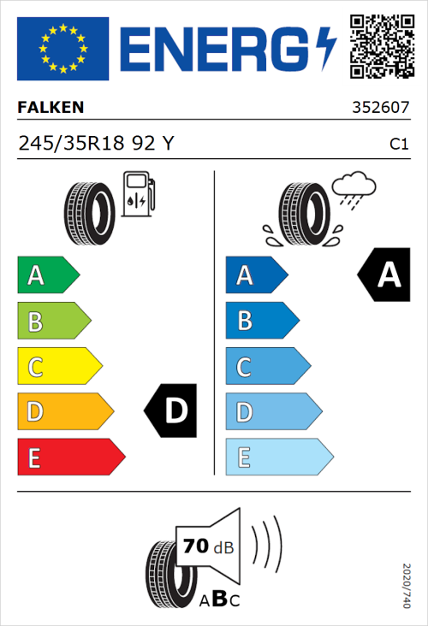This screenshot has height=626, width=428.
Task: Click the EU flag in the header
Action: [62, 48]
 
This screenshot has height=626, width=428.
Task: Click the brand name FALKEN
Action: [51, 108]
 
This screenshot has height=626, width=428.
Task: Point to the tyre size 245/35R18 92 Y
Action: [96, 144]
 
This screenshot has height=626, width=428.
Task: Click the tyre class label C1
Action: [398, 145]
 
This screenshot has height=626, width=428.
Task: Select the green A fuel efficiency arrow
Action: [47, 275]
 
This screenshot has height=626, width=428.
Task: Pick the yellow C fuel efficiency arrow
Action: [58, 367]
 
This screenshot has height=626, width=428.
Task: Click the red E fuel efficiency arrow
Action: [70, 458]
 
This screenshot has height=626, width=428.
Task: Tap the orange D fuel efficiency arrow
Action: [64, 412]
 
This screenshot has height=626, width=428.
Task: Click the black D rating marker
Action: [173, 411]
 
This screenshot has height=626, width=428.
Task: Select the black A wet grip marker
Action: [385, 275]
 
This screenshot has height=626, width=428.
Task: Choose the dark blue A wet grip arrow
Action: [255, 275]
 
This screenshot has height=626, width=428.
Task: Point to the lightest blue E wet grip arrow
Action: [277, 458]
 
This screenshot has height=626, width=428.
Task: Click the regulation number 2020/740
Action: [406, 585]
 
